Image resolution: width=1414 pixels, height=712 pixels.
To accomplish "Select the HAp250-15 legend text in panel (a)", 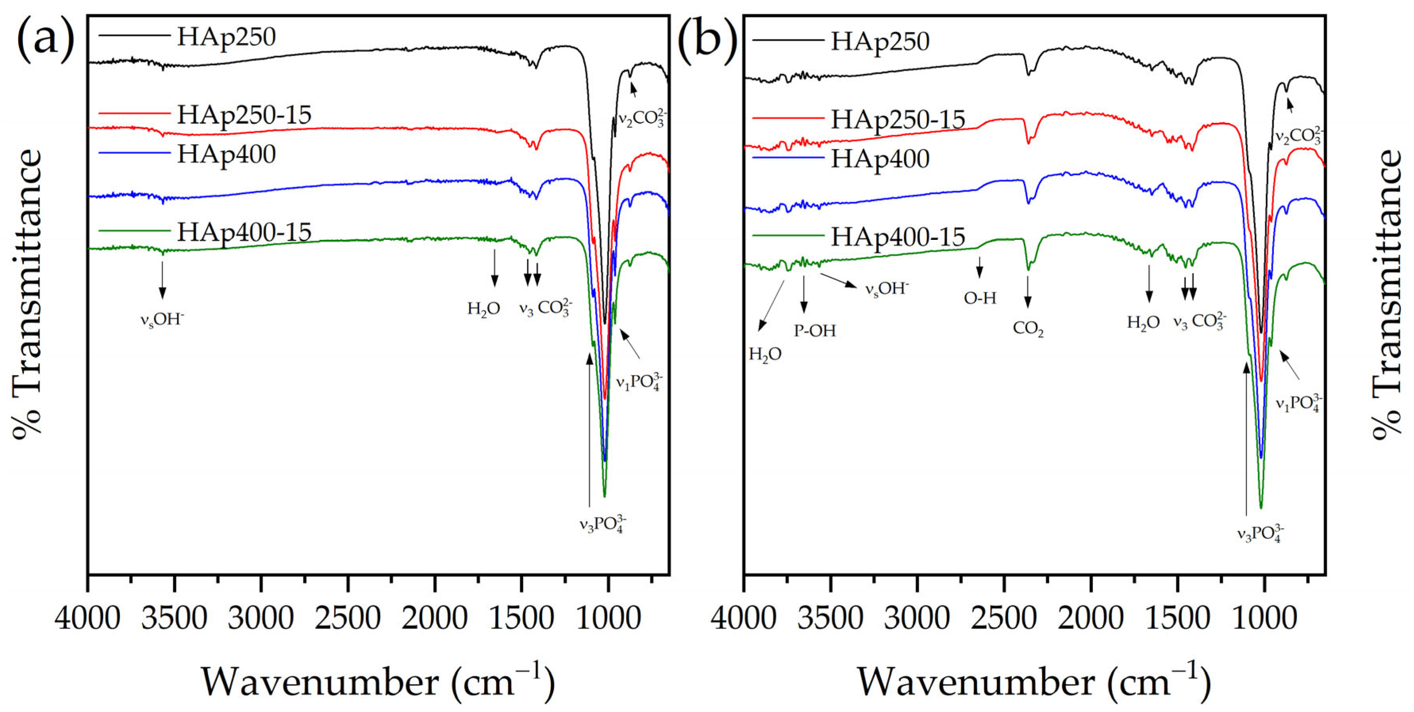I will click(244, 115).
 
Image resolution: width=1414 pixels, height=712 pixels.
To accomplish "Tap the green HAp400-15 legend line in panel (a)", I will click(134, 232).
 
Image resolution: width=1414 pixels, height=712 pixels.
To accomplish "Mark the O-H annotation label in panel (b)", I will click(980, 298).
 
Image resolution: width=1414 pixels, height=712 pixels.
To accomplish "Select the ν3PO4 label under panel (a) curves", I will click(602, 524).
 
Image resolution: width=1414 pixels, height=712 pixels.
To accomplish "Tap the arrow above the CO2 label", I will click(1027, 291).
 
